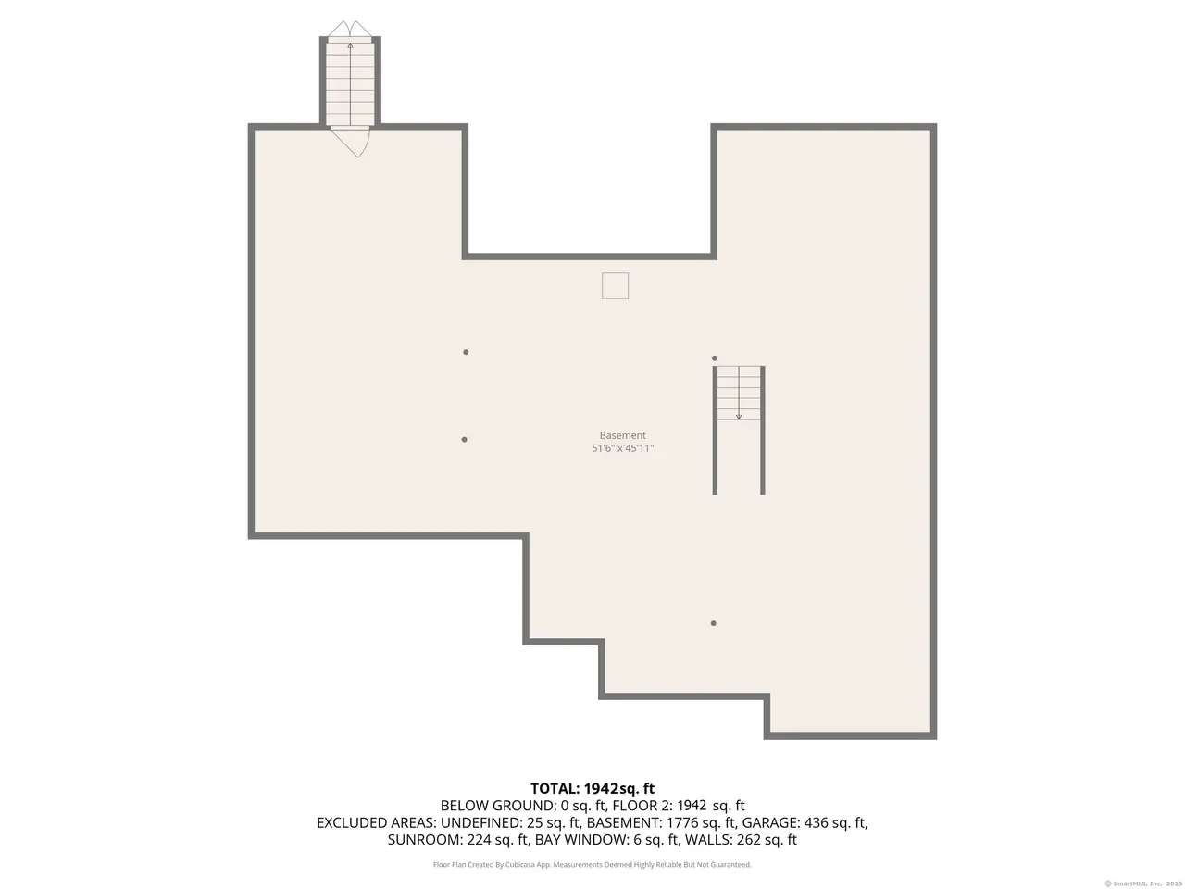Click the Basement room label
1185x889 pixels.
coord(622,435)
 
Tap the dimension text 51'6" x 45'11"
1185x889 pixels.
coord(622,448)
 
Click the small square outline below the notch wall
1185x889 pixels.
coord(615,285)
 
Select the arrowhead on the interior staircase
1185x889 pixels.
coord(739,417)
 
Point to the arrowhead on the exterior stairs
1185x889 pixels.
coord(350,46)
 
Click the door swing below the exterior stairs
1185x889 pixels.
coord(351,142)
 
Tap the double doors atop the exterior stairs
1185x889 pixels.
coord(350,29)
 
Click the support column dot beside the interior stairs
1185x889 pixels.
coord(714,357)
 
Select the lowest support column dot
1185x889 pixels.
coord(713,623)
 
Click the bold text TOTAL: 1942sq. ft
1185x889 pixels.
coord(592,789)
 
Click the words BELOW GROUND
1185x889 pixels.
coord(496,806)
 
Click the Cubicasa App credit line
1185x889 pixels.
coord(592,865)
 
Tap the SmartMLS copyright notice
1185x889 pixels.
coord(1143,883)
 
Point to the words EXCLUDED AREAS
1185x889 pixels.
coord(376,822)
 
